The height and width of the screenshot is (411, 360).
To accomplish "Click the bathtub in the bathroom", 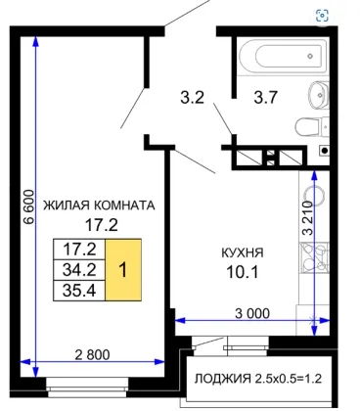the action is tap(283, 56).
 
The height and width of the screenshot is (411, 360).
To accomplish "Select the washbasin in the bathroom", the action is tap(319, 95).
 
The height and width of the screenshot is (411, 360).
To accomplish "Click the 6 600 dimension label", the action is tap(28, 206).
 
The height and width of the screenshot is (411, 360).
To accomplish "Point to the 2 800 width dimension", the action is tap(92, 354).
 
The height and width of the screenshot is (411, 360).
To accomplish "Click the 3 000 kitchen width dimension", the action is tap(252, 313).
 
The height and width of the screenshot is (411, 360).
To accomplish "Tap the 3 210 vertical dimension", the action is tap(307, 218).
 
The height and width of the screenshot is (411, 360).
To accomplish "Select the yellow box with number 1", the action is tap(123, 270).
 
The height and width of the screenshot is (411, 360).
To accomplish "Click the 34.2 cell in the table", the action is tap(79, 270).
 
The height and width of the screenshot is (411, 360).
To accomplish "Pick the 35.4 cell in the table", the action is tap(79, 290).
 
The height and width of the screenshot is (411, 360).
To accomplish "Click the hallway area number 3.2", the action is tap(193, 97).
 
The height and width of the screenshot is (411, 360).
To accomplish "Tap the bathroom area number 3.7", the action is tap(266, 97).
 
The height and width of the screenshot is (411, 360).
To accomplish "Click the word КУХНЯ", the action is tap(243, 252).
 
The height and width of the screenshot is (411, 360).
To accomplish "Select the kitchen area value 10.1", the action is tap(243, 272).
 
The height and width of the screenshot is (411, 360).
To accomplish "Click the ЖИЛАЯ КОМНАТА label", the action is tap(99, 205).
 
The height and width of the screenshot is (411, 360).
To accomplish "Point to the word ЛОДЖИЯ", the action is tap(223, 379).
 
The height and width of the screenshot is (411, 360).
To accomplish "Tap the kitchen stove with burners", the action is tap(314, 258).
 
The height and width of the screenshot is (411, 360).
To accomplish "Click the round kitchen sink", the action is tap(313, 197).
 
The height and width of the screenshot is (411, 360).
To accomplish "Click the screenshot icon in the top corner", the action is tap(322, 16).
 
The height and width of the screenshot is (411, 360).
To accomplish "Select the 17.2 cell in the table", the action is tap(79, 250).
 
